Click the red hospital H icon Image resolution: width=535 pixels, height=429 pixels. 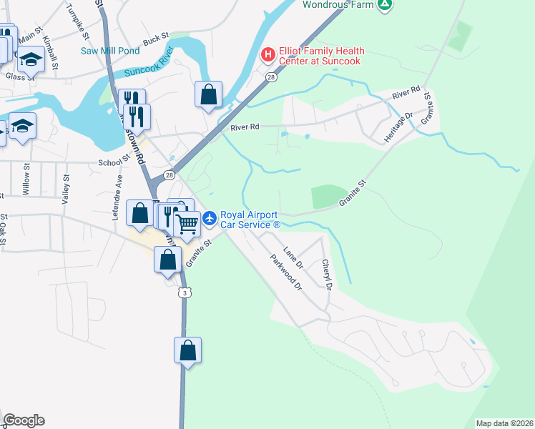click(268, 54)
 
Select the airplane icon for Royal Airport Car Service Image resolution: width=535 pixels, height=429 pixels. click(210, 218)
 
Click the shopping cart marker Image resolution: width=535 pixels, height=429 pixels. click(187, 224)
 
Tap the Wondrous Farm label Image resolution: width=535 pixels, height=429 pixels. click(338, 4)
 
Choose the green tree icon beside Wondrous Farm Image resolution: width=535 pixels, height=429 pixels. click(385, 4)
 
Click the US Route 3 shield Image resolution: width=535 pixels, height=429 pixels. click(185, 292)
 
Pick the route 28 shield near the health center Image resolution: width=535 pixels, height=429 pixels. click(271, 77)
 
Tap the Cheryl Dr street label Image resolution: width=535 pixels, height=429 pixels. click(327, 275)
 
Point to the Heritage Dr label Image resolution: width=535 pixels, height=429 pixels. click(401, 126)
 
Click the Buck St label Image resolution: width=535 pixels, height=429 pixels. click(155, 38)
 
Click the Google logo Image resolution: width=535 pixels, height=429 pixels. click(24, 420)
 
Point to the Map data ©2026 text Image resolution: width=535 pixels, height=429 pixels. click(504, 423)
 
